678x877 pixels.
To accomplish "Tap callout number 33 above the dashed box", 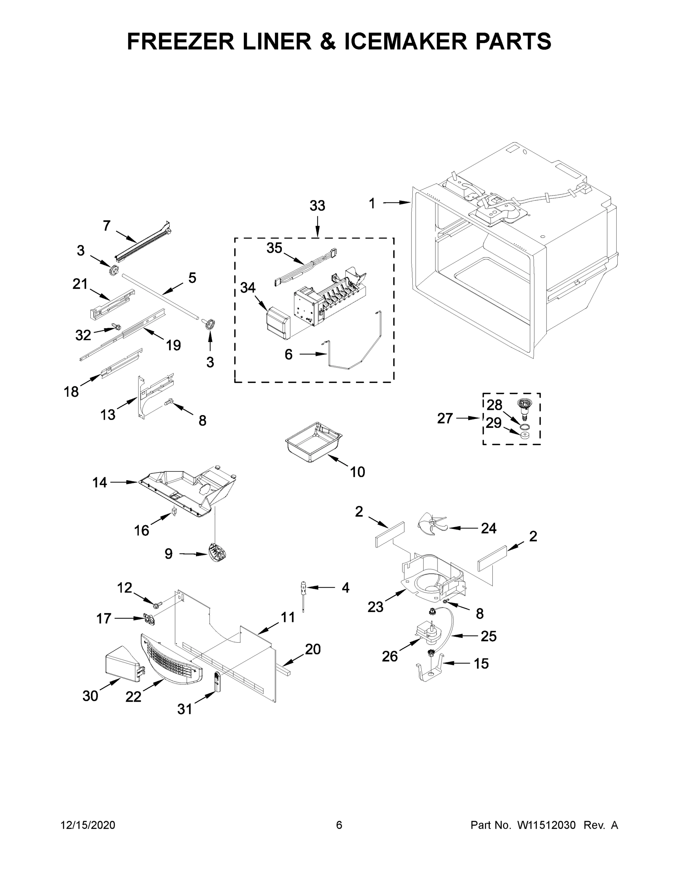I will [317, 206].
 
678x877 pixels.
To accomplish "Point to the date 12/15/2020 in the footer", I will [88, 825].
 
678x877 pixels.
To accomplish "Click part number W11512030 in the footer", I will [546, 825].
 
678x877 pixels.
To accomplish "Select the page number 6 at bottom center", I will [339, 825].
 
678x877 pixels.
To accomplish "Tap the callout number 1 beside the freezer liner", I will [372, 204].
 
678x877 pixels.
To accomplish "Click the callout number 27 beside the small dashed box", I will [445, 418].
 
